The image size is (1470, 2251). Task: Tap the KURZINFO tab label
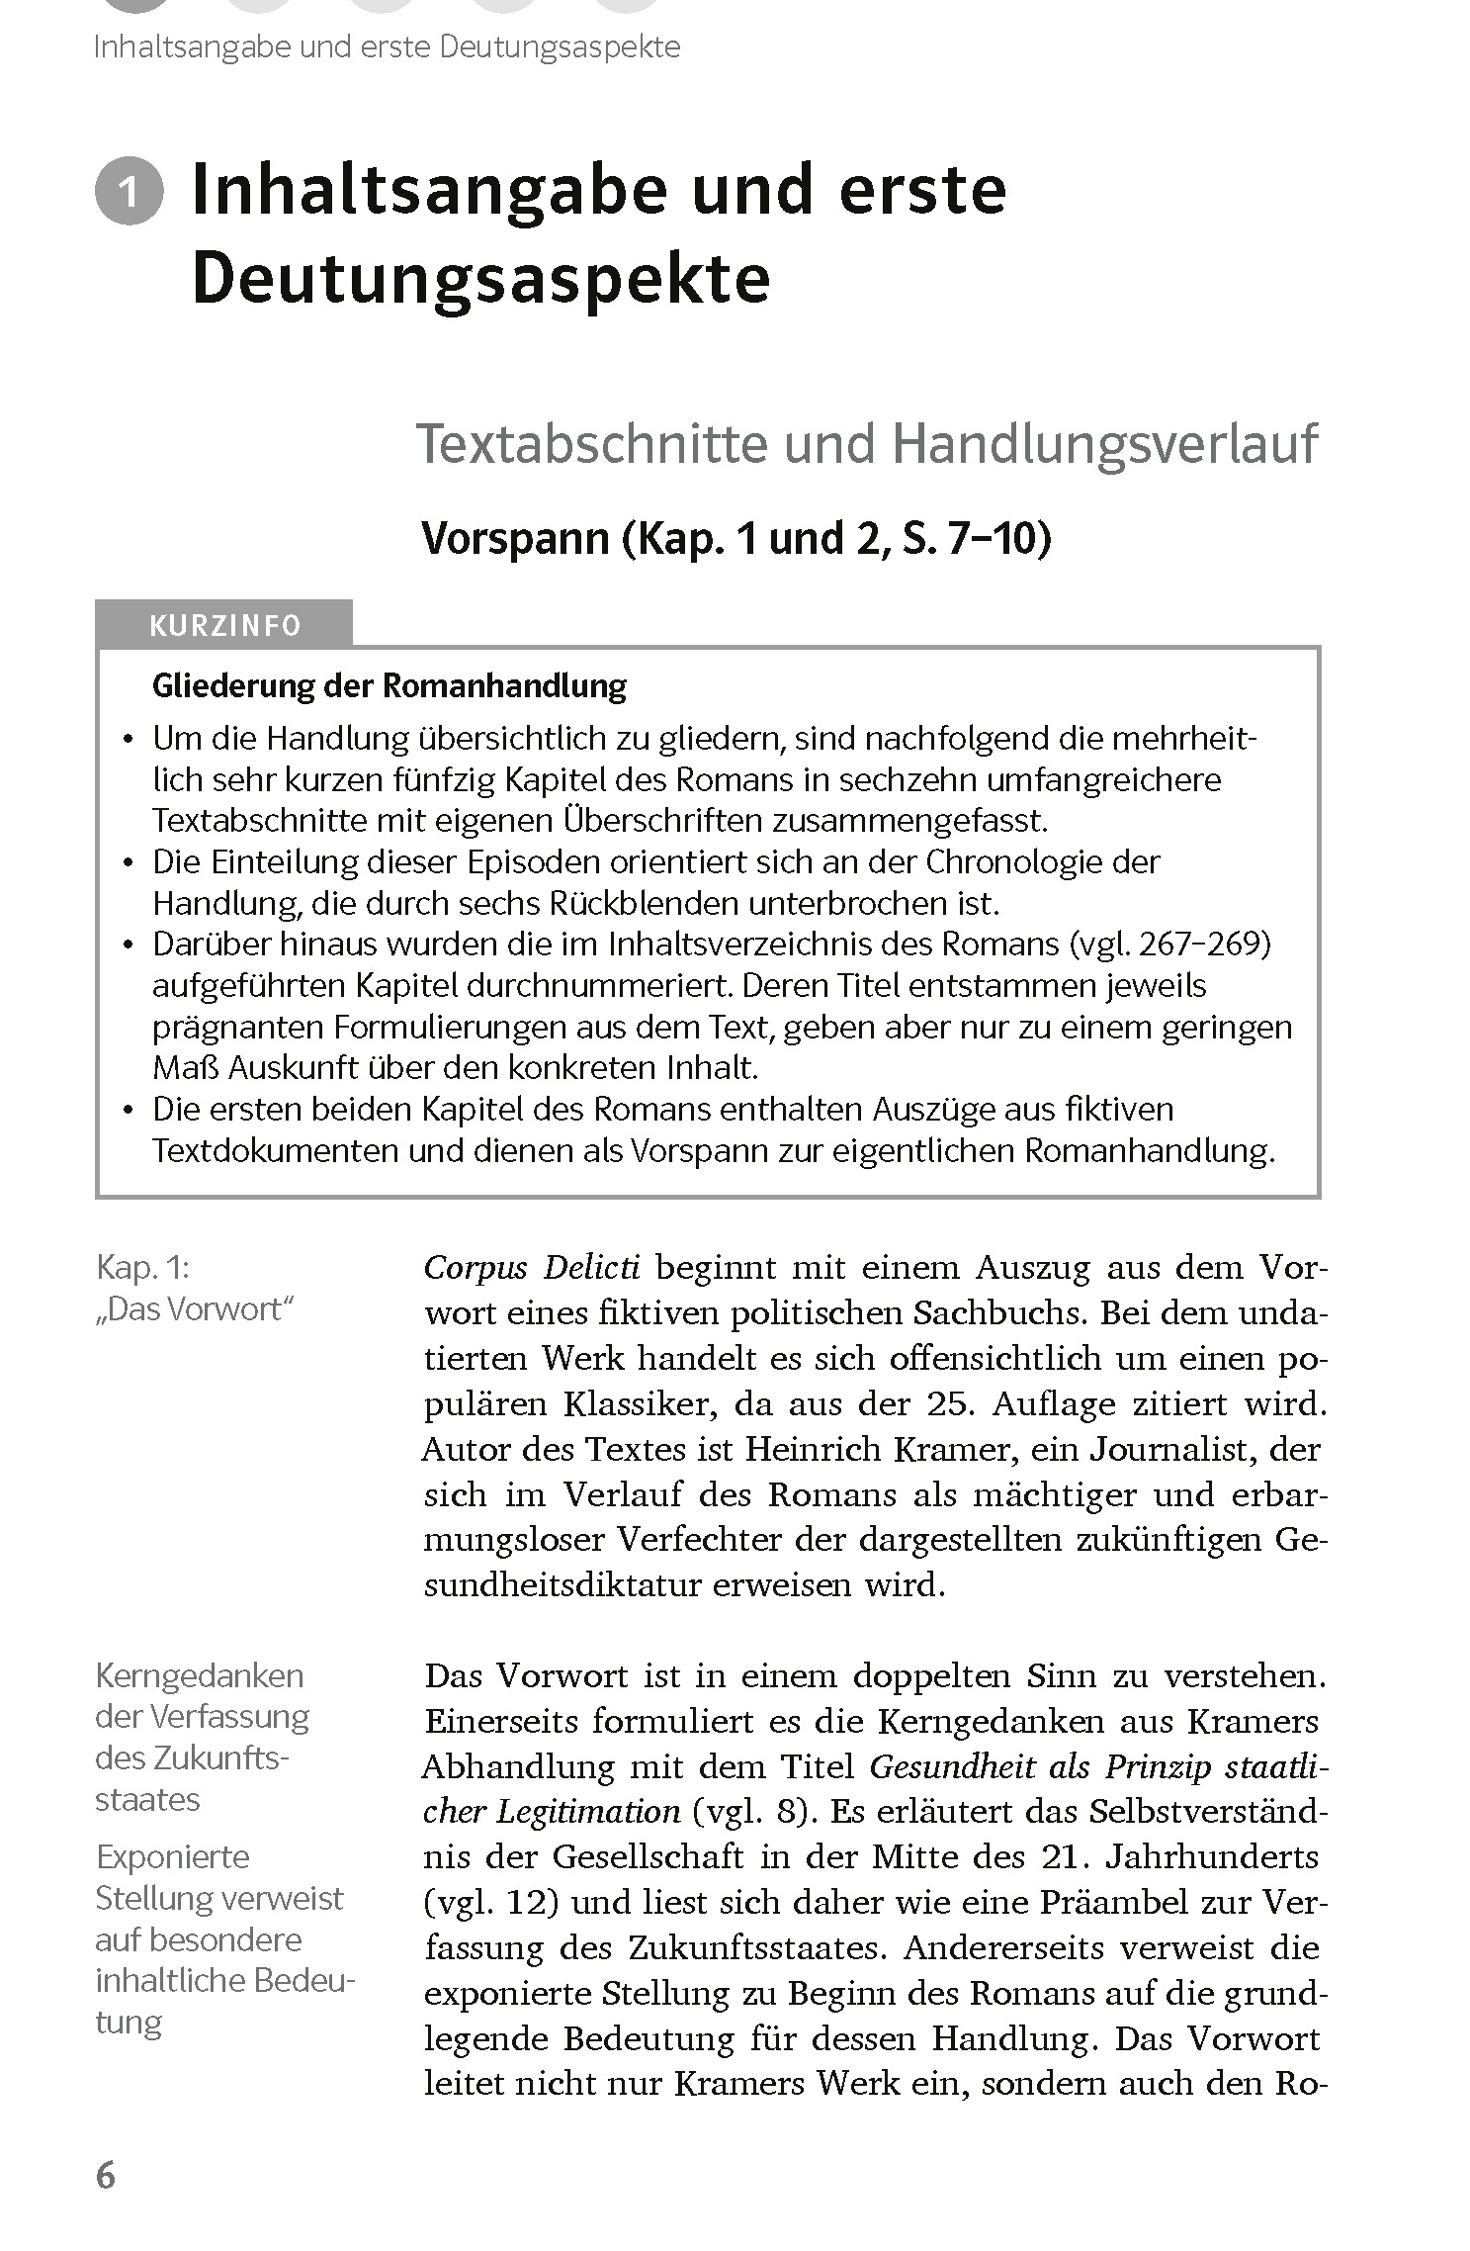click(x=224, y=626)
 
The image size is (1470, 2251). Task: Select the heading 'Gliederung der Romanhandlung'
click(x=389, y=685)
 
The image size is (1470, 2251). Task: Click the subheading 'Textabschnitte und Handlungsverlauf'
click(x=867, y=444)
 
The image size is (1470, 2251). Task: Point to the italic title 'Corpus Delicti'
click(x=532, y=1267)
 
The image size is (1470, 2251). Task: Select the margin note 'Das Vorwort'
click(x=196, y=1309)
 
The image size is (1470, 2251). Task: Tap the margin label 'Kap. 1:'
click(x=141, y=1267)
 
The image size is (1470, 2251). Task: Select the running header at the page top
click(x=387, y=46)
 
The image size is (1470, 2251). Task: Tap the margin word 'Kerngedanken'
click(x=199, y=1675)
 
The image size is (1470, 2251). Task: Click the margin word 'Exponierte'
click(x=172, y=1856)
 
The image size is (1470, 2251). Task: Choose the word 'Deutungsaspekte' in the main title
click(x=480, y=280)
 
